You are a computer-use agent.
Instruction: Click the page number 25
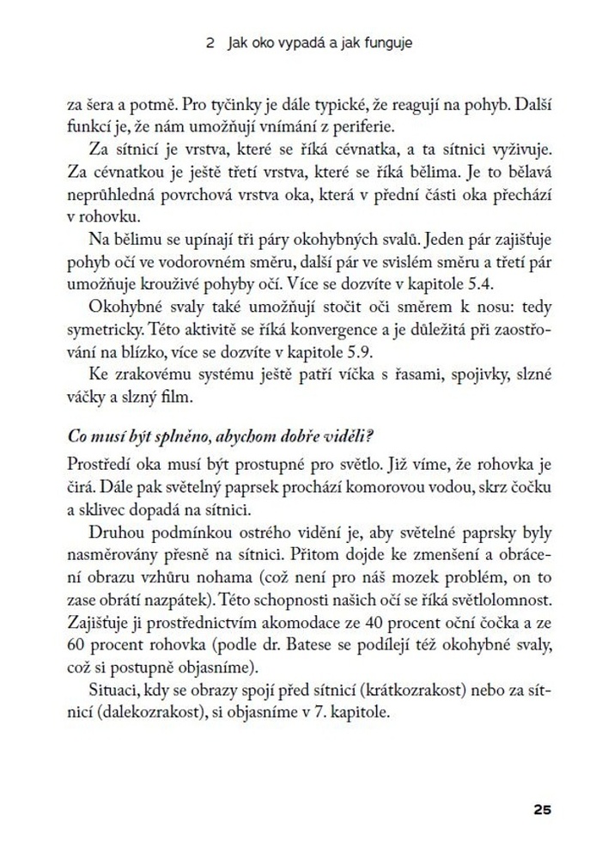pyautogui.click(x=541, y=809)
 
